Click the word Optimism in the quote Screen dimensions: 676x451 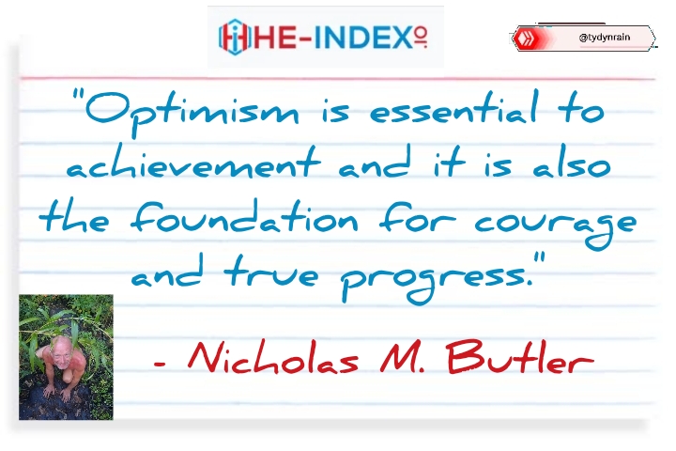(x=192, y=112)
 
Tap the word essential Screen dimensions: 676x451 (x=454, y=109)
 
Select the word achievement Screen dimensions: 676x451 (x=193, y=162)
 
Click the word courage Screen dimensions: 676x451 (x=556, y=225)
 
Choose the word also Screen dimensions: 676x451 (x=572, y=162)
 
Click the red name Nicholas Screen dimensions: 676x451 (x=273, y=357)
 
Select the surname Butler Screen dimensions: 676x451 (x=521, y=356)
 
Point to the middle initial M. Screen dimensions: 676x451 (x=398, y=357)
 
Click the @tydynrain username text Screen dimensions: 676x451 (x=605, y=38)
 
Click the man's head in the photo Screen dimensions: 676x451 (x=61, y=352)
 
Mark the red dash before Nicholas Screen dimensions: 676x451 (x=160, y=364)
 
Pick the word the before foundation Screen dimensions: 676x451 (x=74, y=217)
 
